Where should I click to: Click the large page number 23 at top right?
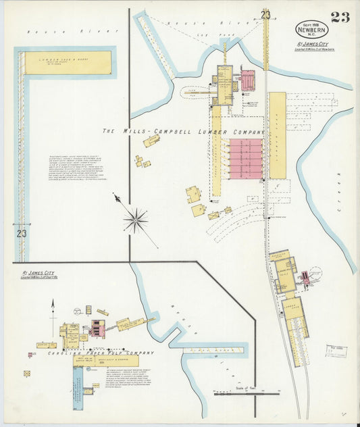(x=340, y=18)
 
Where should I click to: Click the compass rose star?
(x=136, y=220)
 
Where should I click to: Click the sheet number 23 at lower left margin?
(x=22, y=234)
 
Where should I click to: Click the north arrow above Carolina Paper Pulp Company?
(x=53, y=311)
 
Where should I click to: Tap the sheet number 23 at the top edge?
(x=265, y=15)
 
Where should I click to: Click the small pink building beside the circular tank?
(x=305, y=277)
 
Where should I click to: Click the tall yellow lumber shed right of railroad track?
(x=278, y=135)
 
